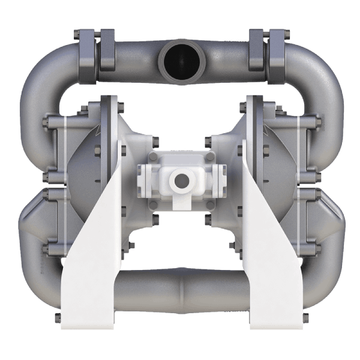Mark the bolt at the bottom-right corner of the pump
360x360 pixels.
304,316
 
